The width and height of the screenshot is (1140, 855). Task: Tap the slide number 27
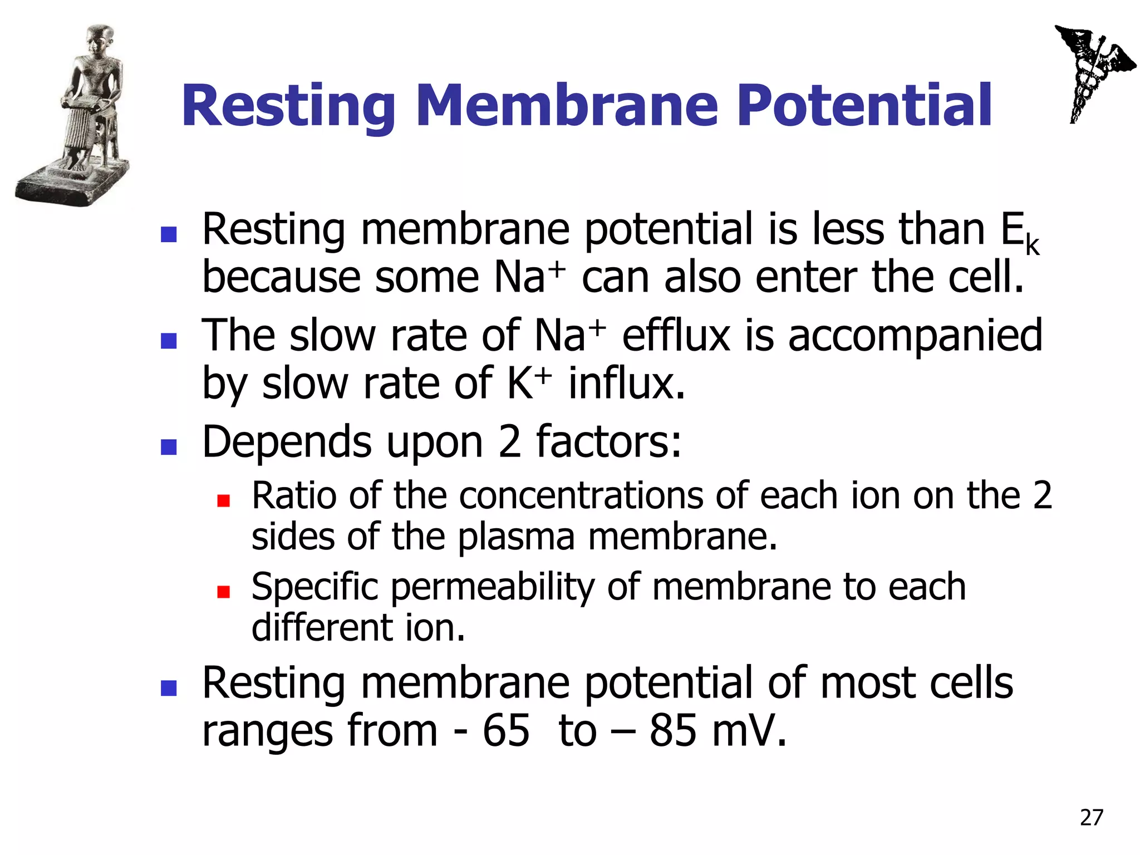coord(1091,817)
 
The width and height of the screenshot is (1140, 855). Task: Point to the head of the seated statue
coord(100,39)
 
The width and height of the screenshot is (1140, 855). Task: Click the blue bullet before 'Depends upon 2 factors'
coord(168,446)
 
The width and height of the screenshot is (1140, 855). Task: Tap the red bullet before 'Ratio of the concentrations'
coord(223,500)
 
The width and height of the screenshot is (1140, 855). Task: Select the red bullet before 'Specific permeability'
coord(223,591)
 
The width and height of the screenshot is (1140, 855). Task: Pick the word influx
coord(626,384)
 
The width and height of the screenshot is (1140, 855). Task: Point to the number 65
coord(505,730)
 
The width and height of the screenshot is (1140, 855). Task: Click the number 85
coord(672,730)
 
